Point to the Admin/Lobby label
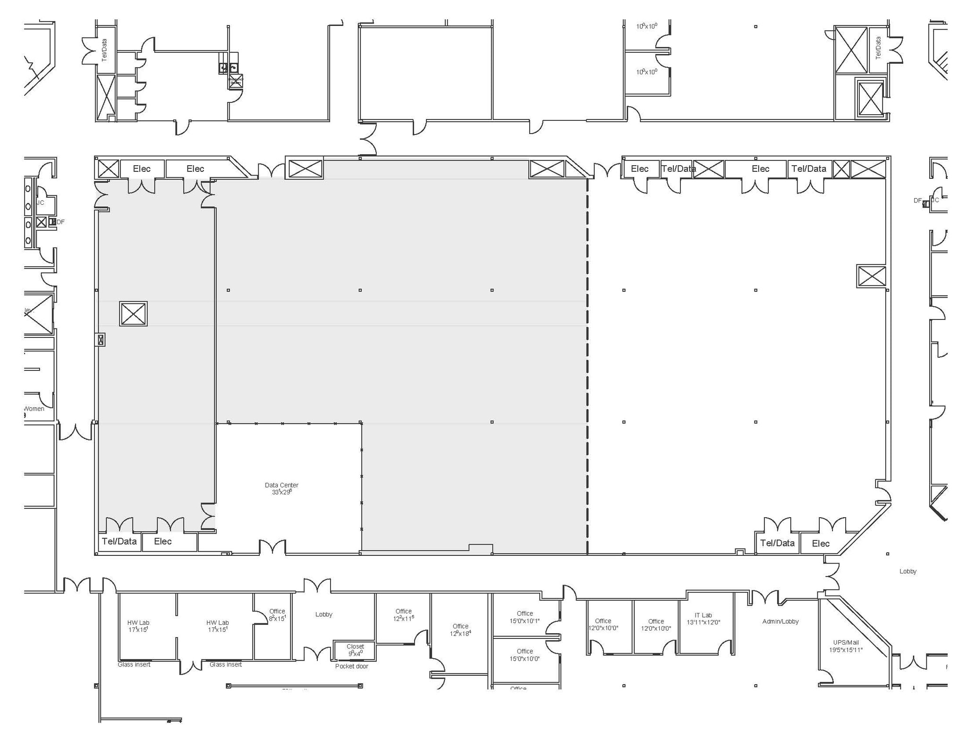[x=780, y=621]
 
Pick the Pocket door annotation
[x=351, y=666]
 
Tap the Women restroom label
[x=34, y=409]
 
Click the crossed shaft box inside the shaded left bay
[x=133, y=313]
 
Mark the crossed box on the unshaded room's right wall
[x=871, y=276]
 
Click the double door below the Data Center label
[x=272, y=547]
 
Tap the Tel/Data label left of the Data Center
[x=119, y=541]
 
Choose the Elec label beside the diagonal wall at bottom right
[x=821, y=543]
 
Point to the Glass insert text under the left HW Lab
[x=134, y=664]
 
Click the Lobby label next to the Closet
[x=324, y=614]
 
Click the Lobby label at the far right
[x=908, y=571]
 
